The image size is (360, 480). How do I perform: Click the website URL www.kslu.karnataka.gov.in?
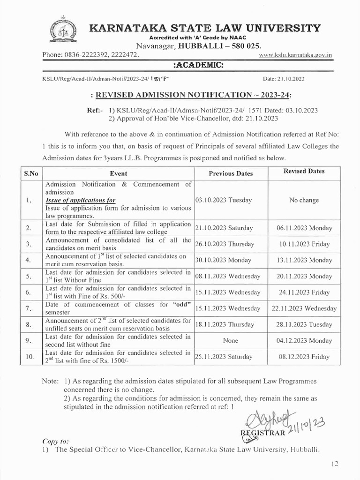point(296,55)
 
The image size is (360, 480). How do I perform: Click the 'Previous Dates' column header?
point(231,173)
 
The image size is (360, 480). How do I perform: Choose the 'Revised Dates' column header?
point(304,171)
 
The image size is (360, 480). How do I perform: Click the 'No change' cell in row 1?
point(304,200)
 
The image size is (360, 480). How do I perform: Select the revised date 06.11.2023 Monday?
point(304,228)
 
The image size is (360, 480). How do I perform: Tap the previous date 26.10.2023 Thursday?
point(225,244)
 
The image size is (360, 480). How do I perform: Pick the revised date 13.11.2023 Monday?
point(304,260)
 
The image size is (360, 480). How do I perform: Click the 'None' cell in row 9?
point(231,341)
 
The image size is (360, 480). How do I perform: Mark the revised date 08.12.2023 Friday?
point(304,357)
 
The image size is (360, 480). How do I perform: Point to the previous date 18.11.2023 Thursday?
point(225,324)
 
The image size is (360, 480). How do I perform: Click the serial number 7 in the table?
point(29,308)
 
